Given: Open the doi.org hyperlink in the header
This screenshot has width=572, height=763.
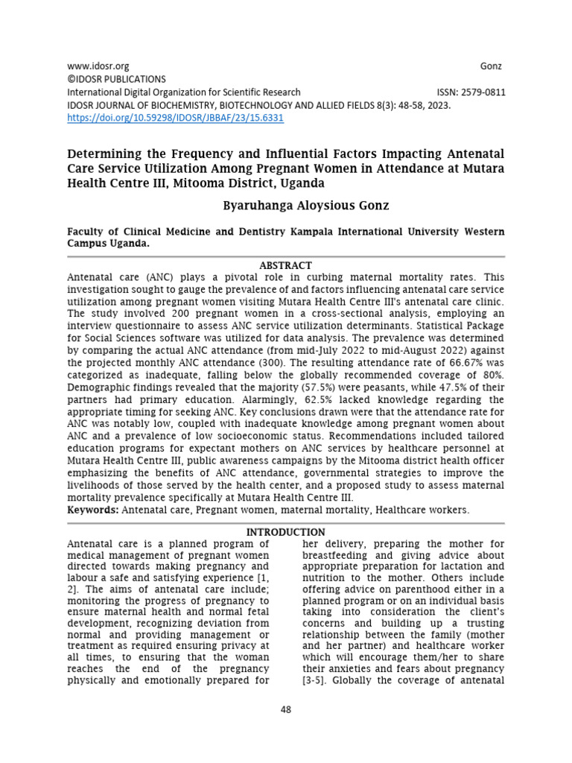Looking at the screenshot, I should [175, 118].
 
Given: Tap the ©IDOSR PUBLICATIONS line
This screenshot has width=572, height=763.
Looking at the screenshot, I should [117, 79].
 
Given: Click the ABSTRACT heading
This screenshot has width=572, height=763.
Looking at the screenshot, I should [285, 265].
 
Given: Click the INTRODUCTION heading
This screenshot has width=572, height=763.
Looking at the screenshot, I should [285, 532].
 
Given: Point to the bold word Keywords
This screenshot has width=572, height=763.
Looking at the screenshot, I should [92, 510].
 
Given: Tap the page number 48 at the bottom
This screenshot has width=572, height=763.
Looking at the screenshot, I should [286, 709].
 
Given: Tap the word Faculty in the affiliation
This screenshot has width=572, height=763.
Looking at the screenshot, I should [87, 232].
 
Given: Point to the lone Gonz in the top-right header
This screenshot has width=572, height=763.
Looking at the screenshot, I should [491, 66].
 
